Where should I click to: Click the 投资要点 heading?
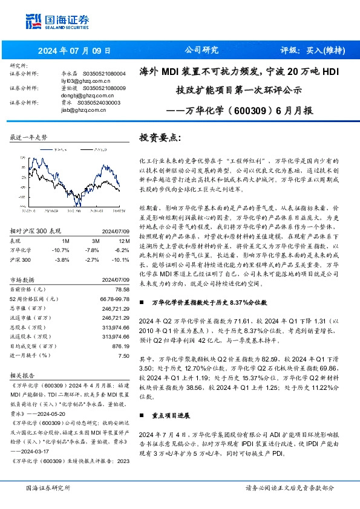(160, 138)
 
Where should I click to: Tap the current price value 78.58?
(121, 290)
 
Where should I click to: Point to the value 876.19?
(121, 346)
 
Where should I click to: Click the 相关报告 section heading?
(22, 375)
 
